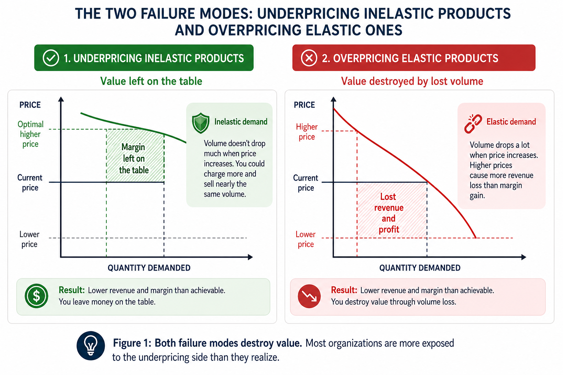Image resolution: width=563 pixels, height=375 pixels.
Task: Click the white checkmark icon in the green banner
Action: click(51, 58)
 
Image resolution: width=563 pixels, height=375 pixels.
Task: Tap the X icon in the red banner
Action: click(309, 58)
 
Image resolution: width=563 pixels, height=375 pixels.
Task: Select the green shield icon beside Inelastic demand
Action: click(200, 123)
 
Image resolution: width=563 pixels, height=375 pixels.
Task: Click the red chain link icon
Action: click(473, 123)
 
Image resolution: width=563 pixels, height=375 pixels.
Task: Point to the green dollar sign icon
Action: click(36, 296)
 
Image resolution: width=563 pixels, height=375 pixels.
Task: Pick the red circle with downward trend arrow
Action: click(309, 296)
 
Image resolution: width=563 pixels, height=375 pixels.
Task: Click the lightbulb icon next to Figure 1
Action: click(91, 346)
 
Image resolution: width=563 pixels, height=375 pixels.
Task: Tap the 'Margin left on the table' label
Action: click(133, 159)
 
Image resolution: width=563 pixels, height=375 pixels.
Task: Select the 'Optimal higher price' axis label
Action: click(30, 134)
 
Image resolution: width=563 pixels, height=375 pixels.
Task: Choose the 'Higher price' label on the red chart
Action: click(307, 131)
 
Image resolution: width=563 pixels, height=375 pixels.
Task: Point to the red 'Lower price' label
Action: click(305, 239)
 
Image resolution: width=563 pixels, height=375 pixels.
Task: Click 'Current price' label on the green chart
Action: click(30, 183)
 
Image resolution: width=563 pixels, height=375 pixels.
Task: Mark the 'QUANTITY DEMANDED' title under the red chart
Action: click(420, 268)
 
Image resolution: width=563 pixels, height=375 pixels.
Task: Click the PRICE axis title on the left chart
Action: click(30, 105)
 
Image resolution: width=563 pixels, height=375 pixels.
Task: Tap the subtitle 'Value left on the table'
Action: click(151, 81)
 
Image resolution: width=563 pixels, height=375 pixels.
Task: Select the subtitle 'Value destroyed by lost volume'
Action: click(412, 81)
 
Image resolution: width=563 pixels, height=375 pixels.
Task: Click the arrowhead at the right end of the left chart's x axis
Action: click(250, 257)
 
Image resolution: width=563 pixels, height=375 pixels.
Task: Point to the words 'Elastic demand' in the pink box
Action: click(511, 122)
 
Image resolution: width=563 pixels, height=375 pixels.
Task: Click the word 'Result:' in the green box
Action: click(71, 290)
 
